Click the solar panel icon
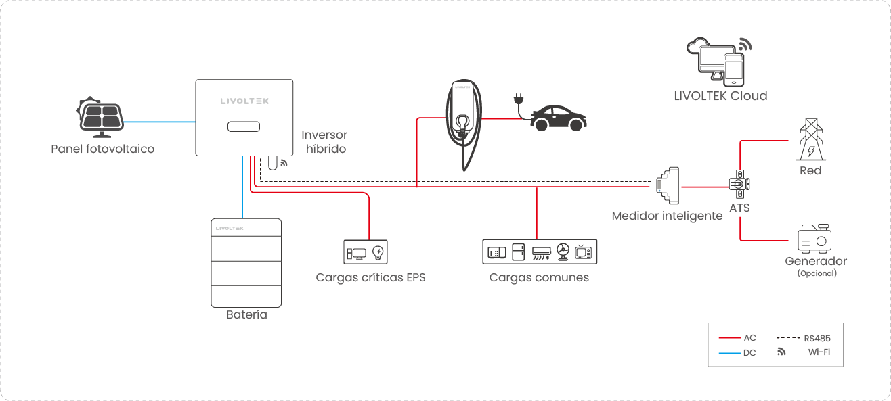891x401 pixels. coord(100,117)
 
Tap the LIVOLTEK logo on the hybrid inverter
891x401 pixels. coord(244,101)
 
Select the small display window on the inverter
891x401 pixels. coord(244,126)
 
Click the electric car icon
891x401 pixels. coord(559,118)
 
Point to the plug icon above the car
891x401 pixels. coord(519,101)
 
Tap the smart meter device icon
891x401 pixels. coord(668,185)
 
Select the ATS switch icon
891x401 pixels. coord(739,184)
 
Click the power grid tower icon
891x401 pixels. coord(811,139)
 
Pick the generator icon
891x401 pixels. coord(814,239)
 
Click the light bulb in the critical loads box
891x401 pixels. coord(378,252)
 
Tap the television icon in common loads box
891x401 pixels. coord(584,252)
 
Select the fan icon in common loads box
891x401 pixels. coord(563,252)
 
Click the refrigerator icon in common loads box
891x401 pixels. coord(519,252)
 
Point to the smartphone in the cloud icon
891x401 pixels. coord(734,70)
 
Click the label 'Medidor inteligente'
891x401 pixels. coord(667,216)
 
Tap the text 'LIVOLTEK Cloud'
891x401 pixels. coord(720,96)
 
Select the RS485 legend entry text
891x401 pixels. coord(817,338)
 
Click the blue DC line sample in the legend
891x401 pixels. coord(729,353)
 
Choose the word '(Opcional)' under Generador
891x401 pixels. coord(817,273)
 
